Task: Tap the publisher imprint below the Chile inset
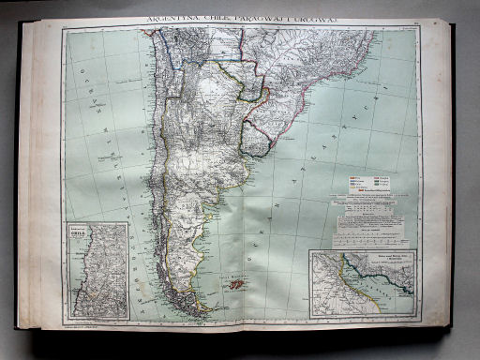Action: pyautogui.click(x=83, y=325)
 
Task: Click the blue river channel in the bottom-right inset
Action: pyautogui.click(x=375, y=281)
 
